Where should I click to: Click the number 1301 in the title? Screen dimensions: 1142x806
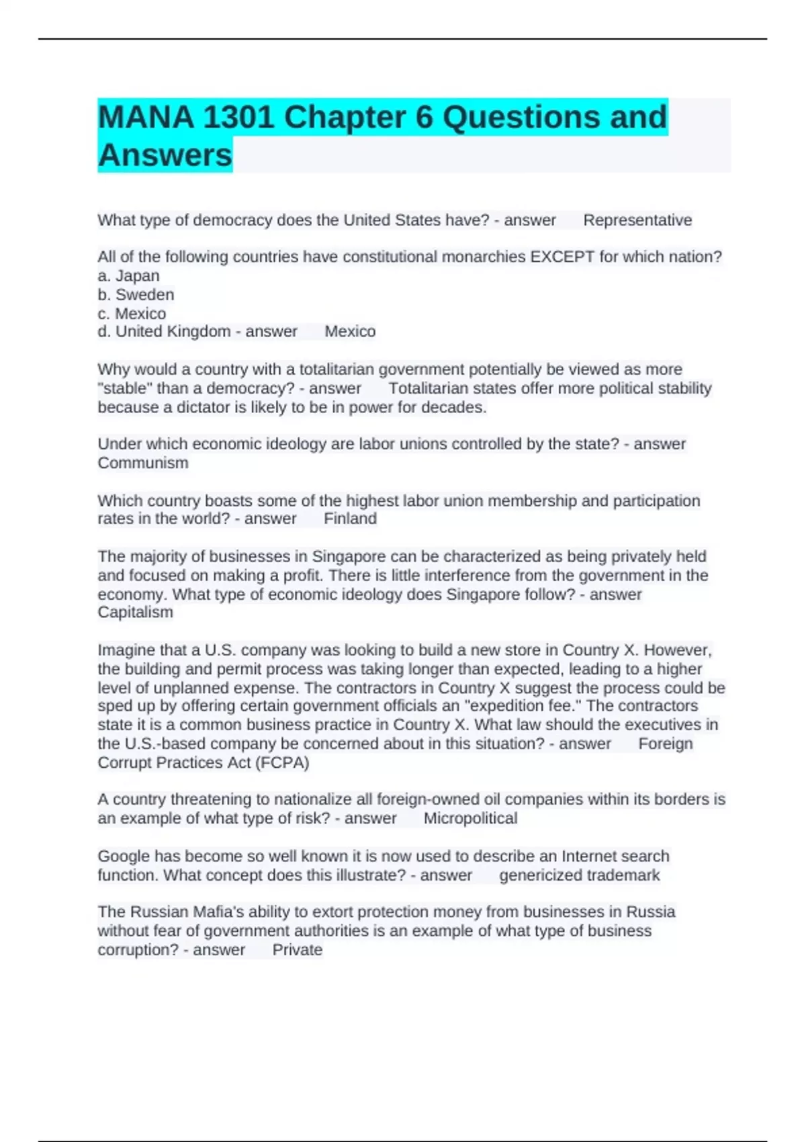coord(238,118)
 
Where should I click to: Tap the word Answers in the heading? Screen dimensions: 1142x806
coord(165,155)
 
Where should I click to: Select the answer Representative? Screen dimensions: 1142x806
coord(637,220)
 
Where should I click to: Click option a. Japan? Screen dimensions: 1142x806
coord(128,276)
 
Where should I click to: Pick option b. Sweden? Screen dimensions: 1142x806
coord(136,295)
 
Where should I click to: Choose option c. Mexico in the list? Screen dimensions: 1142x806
coord(132,314)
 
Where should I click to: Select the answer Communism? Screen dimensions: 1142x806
coord(143,463)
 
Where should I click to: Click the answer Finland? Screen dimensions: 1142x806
coord(350,519)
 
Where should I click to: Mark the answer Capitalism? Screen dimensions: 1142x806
coord(135,612)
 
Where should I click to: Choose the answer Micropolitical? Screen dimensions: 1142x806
coord(470,818)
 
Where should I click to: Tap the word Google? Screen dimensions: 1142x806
coord(124,856)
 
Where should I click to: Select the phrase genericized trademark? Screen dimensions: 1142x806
coord(579,875)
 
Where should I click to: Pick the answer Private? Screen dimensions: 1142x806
coord(297,950)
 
